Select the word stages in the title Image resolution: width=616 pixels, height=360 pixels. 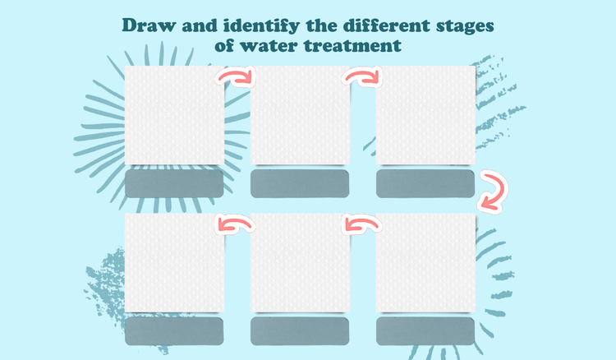tap(462, 25)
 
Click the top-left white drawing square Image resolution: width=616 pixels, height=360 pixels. tap(174, 115)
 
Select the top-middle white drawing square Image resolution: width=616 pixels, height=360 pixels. tap(300, 115)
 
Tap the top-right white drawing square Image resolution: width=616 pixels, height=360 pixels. tap(425, 115)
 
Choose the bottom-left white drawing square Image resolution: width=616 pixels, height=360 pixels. tap(174, 263)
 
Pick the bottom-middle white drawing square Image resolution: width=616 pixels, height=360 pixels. tap(300, 263)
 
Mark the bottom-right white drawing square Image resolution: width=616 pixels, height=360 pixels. tap(425, 263)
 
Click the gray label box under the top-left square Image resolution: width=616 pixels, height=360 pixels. tap(174, 184)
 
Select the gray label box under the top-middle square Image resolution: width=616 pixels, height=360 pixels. tap(300, 184)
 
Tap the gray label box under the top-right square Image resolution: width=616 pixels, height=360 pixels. tap(425, 184)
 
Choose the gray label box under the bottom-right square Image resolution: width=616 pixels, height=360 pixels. tap(425, 331)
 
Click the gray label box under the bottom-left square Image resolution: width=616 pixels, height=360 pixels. tap(174, 331)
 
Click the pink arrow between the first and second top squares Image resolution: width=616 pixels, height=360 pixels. tap(236, 78)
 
